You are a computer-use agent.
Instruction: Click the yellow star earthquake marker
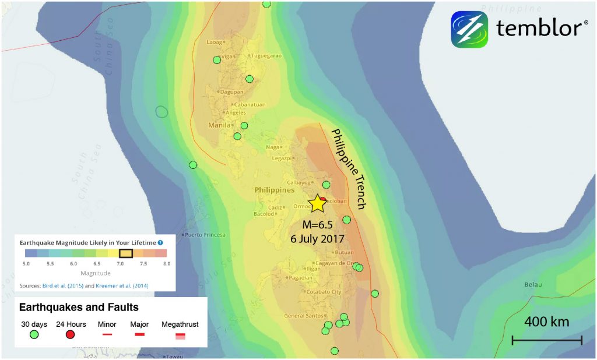click(x=318, y=203)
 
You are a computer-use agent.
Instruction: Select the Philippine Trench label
click(x=348, y=170)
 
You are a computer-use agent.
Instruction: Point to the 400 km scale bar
click(x=547, y=340)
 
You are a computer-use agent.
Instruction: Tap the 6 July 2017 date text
click(x=318, y=239)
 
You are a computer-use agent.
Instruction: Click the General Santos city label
click(x=303, y=316)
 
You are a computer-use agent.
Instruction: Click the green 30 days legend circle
click(x=34, y=334)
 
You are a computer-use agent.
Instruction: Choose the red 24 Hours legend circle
click(x=71, y=334)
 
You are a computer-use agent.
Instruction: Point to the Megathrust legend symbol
click(x=180, y=336)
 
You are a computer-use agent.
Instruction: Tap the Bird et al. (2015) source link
click(x=63, y=286)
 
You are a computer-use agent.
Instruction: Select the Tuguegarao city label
click(x=266, y=56)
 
